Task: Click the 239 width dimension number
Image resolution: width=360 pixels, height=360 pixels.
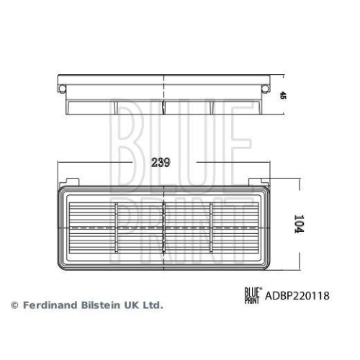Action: (x=161, y=163)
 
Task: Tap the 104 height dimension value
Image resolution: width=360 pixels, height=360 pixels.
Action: (x=300, y=226)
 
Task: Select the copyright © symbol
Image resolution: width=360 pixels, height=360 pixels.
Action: (x=13, y=305)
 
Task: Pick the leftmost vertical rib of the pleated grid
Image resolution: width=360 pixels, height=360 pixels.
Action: (x=116, y=227)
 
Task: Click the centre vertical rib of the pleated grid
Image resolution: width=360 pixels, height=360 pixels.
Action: (x=165, y=227)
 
